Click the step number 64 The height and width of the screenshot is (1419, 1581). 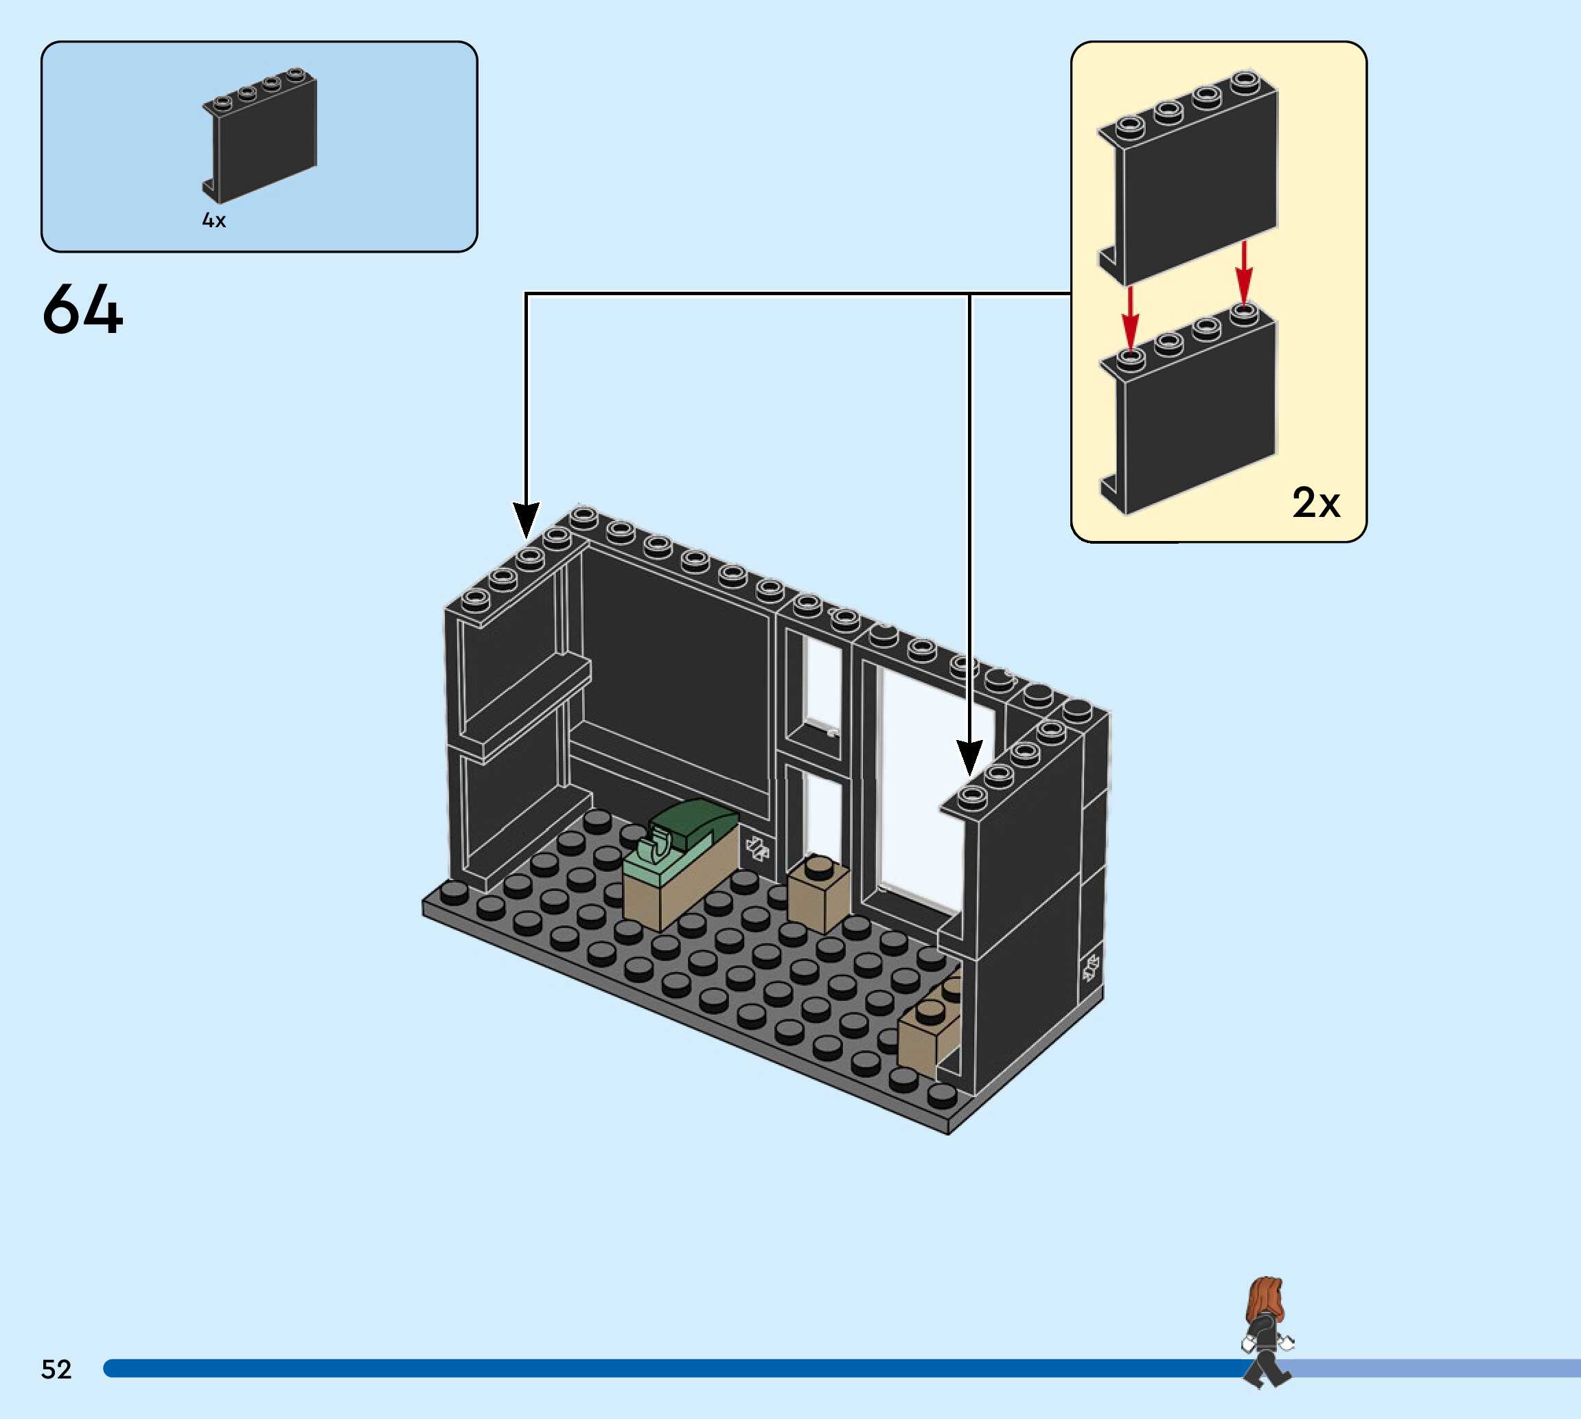point(82,310)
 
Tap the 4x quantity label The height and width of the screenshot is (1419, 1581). point(214,220)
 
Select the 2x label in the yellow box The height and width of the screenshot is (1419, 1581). point(1315,503)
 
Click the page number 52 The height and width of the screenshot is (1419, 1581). point(56,1369)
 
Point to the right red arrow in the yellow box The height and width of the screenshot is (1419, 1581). point(1243,273)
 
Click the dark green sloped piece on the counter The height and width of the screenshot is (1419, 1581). point(692,825)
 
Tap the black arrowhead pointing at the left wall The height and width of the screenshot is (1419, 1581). point(527,519)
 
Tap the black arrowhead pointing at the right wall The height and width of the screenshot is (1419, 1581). point(969,757)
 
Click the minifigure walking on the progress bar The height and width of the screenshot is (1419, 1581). point(1266,1333)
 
